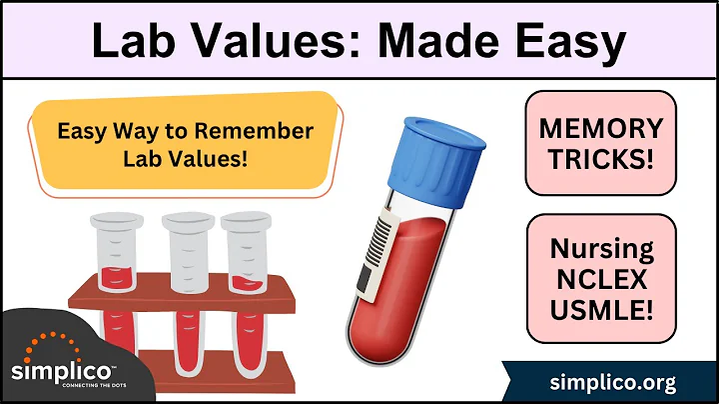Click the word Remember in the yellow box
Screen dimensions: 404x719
coord(262,131)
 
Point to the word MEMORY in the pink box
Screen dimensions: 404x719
coord(600,129)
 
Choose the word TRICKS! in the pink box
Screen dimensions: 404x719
coord(600,159)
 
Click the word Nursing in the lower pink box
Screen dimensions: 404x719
coord(600,250)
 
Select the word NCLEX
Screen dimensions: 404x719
coord(600,280)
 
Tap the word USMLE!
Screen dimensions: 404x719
coord(600,310)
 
